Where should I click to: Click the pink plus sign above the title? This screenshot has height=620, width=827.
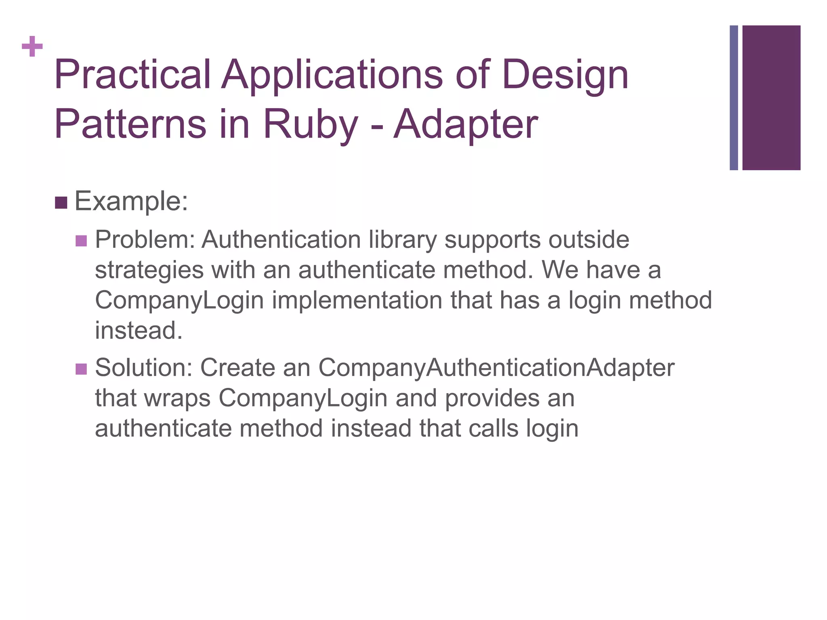(x=32, y=46)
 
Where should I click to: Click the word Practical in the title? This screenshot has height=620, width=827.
(x=132, y=75)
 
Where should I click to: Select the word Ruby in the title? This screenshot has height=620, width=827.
(x=311, y=125)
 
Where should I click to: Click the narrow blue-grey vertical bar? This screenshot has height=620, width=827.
(x=733, y=98)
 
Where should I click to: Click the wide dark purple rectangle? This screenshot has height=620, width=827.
(x=771, y=98)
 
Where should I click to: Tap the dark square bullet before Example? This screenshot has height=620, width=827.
(x=61, y=203)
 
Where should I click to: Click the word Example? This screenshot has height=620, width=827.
(x=132, y=201)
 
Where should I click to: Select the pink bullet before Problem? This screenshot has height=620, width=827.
(x=81, y=241)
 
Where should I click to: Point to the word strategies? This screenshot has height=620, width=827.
(x=149, y=270)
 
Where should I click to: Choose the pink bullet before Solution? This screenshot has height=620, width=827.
(x=81, y=369)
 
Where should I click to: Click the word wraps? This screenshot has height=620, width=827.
(x=177, y=398)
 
